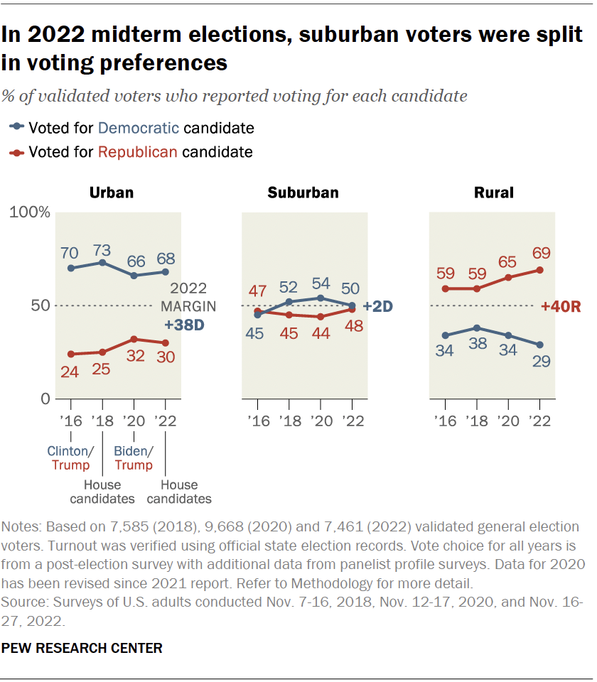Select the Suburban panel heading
[x=303, y=192]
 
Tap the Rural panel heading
[x=493, y=192]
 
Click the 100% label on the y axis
[x=29, y=212]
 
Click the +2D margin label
[x=377, y=306]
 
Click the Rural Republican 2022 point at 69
[x=539, y=270]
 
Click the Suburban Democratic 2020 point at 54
[x=320, y=298]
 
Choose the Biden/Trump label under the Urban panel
[x=134, y=458]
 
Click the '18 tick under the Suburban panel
[x=289, y=421]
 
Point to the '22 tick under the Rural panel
[x=539, y=421]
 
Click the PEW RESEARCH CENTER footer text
[x=82, y=648]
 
